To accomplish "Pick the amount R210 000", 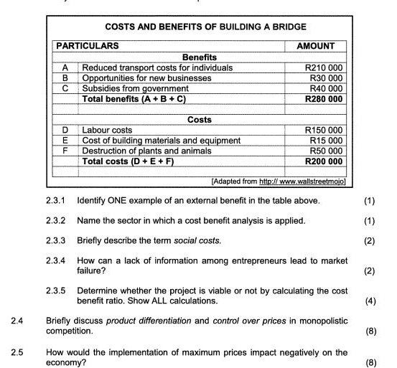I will [x=327, y=67].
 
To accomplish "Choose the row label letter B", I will [x=65, y=77].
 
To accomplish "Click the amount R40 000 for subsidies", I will [x=330, y=88].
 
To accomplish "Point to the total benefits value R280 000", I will [x=327, y=98].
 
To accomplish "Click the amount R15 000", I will [x=330, y=141].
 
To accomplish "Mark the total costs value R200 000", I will [x=327, y=161].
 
